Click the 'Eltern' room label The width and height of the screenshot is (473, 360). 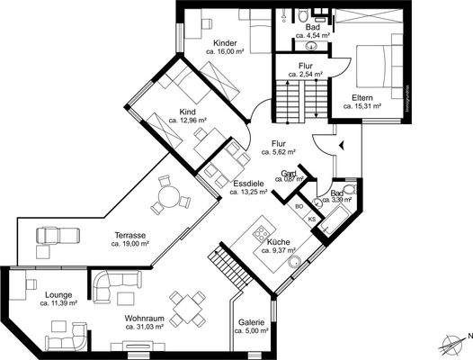coord(361,96)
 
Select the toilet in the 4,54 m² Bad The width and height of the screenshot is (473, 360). coord(304,15)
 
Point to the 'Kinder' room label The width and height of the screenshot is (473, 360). coord(225,43)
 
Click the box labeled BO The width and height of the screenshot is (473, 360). coord(300,206)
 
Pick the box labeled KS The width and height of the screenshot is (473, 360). coord(312,219)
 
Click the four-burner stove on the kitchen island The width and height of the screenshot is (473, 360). coord(261,232)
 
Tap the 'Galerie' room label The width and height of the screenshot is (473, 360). coord(251,322)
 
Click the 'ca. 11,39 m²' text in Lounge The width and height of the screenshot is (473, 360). coord(58,303)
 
